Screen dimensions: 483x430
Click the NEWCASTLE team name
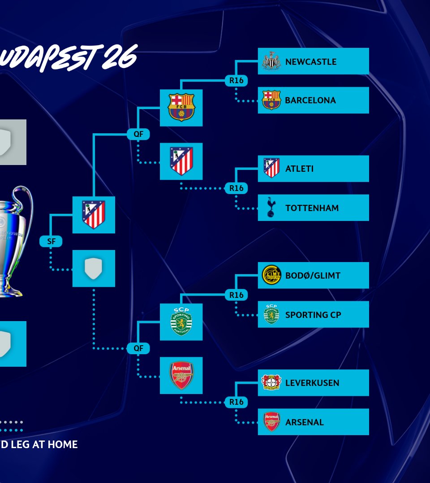310,62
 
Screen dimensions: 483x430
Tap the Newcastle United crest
271,61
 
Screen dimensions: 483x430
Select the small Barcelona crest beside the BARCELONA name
271,100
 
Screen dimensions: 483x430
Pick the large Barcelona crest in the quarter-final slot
181,107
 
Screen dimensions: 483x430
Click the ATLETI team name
299,169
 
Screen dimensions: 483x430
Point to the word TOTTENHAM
312,208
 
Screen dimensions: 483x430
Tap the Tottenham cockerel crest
271,208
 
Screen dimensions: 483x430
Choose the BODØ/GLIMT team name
313,275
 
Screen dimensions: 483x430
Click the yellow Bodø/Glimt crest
271,275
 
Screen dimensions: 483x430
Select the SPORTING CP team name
313,315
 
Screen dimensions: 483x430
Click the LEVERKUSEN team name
312,383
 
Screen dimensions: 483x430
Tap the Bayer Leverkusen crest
271,382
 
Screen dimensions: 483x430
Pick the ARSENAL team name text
304,422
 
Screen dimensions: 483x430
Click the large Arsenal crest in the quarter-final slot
181,375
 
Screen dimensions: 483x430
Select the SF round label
51,241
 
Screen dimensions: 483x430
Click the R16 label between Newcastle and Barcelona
236,80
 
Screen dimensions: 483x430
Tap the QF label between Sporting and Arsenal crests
138,348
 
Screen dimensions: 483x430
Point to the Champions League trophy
13,241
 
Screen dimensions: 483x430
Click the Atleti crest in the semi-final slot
94,215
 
